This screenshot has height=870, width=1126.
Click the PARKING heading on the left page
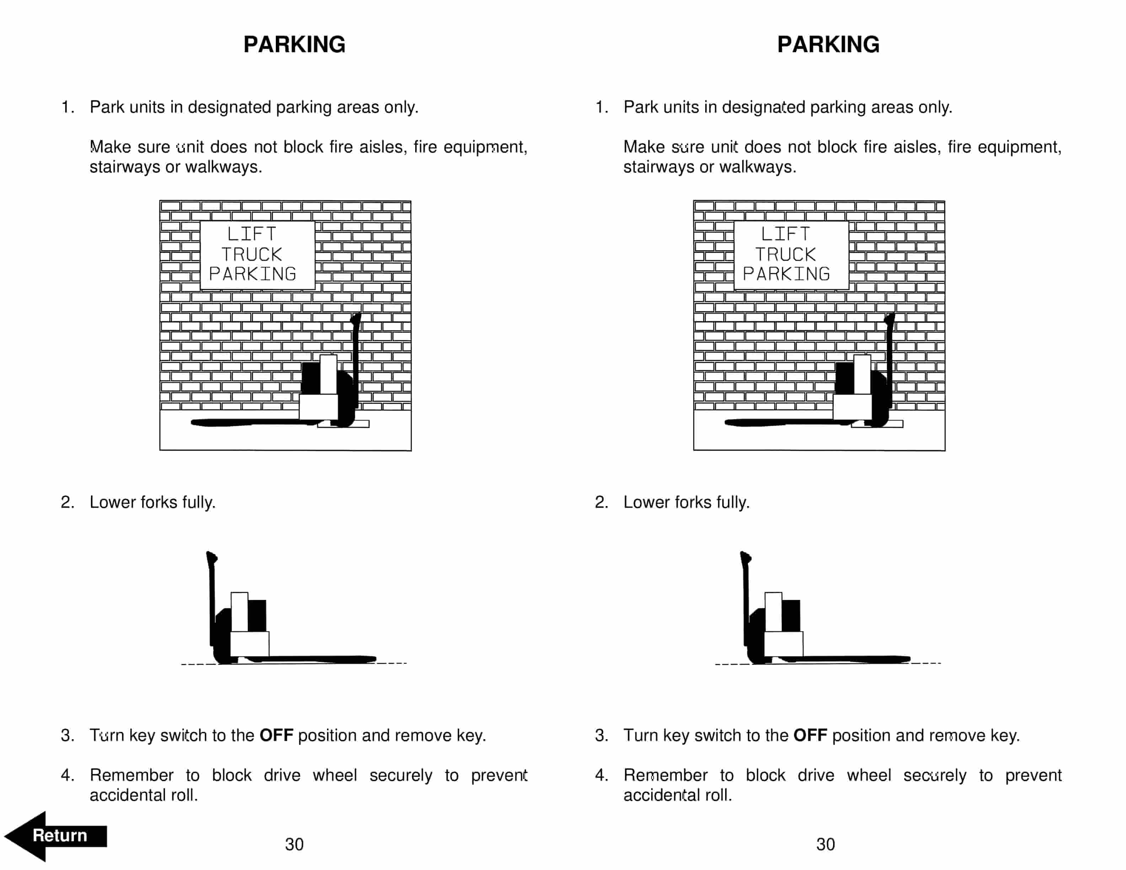pyautogui.click(x=294, y=44)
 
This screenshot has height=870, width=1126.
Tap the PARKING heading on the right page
pyautogui.click(x=828, y=44)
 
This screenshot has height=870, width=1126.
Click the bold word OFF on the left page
pyautogui.click(x=276, y=735)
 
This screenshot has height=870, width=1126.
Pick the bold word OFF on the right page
pyautogui.click(x=810, y=735)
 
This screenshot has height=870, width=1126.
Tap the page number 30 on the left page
pyautogui.click(x=294, y=844)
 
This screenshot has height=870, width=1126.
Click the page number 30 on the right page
pyautogui.click(x=825, y=844)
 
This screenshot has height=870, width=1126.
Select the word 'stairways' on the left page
pyautogui.click(x=125, y=167)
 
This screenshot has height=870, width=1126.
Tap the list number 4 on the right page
pyautogui.click(x=601, y=775)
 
